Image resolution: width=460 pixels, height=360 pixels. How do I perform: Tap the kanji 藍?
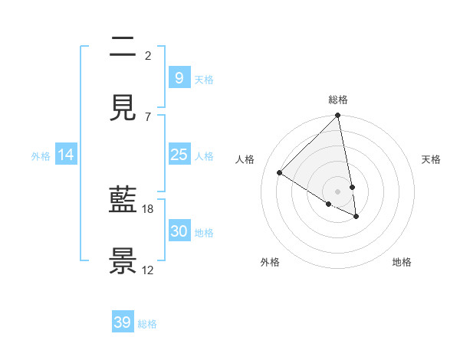click(x=123, y=201)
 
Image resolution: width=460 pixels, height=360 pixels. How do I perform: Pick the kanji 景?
click(x=123, y=261)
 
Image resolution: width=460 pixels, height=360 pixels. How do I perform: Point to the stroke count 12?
click(x=148, y=270)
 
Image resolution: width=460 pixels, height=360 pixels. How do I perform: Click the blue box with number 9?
click(x=179, y=78)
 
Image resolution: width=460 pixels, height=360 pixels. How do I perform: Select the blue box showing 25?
click(x=179, y=155)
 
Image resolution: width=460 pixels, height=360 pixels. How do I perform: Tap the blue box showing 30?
click(x=179, y=231)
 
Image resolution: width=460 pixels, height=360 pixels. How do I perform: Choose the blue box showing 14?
click(x=66, y=155)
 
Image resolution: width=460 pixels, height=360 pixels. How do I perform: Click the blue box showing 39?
click(x=122, y=322)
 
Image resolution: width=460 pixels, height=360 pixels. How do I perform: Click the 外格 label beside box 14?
click(x=41, y=156)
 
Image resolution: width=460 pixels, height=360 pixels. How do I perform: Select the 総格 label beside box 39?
click(x=147, y=324)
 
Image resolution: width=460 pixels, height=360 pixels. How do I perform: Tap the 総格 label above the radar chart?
click(x=338, y=100)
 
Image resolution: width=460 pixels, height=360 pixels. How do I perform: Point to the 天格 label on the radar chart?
click(x=431, y=159)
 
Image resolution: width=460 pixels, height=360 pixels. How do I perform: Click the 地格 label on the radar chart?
click(x=402, y=262)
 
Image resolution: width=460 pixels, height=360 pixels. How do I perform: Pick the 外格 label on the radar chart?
click(x=270, y=262)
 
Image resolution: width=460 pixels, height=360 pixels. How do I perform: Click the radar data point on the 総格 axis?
click(x=338, y=116)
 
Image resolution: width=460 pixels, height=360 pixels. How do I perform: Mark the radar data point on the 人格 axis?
click(x=280, y=173)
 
